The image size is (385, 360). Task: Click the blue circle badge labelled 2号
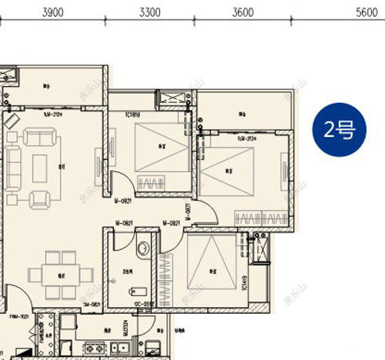[x=339, y=130]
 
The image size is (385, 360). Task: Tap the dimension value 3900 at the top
[x=52, y=12]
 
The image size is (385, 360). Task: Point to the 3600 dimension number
[x=242, y=12]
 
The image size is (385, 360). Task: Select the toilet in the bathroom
[x=142, y=248]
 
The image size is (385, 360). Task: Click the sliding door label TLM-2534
[x=226, y=138]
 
